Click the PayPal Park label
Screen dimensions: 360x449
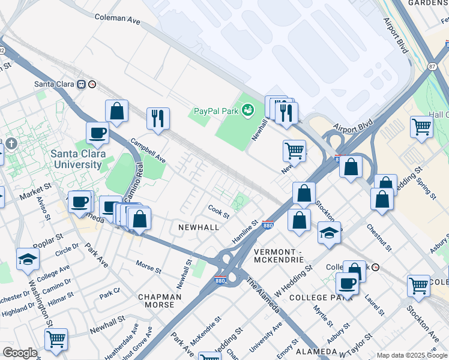click(x=215, y=111)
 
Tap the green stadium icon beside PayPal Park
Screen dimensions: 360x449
click(x=247, y=110)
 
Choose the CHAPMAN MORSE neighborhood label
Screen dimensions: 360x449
click(x=160, y=301)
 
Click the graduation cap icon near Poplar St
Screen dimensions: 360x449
click(x=28, y=259)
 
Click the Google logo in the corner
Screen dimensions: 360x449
click(x=20, y=352)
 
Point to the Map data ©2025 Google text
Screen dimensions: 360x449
click(x=411, y=355)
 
